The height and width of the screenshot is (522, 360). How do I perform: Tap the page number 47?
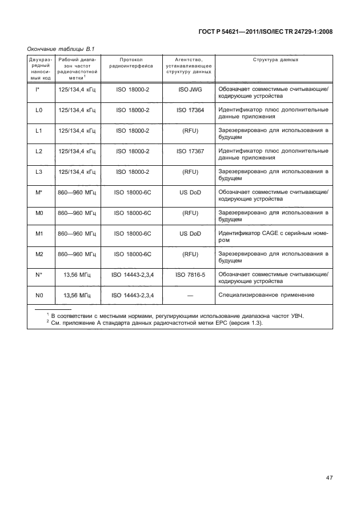tap(329, 477)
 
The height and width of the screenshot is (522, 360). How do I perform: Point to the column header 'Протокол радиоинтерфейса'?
tap(132, 62)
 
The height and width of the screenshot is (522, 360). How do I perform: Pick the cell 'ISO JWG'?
tap(190, 89)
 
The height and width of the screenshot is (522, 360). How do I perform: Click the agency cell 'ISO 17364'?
tap(190, 110)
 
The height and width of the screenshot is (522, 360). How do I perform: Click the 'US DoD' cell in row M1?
tap(190, 233)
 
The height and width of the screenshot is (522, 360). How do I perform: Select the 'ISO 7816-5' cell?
tap(190, 274)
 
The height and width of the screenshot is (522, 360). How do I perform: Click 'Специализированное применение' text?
tap(266, 295)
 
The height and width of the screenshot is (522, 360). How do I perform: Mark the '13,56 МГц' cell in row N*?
tap(78, 274)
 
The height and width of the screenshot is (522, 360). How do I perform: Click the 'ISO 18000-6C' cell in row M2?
tap(132, 254)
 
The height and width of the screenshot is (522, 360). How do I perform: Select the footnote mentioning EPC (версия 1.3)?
tap(171, 323)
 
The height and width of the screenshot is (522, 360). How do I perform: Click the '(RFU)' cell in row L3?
tap(190, 172)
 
